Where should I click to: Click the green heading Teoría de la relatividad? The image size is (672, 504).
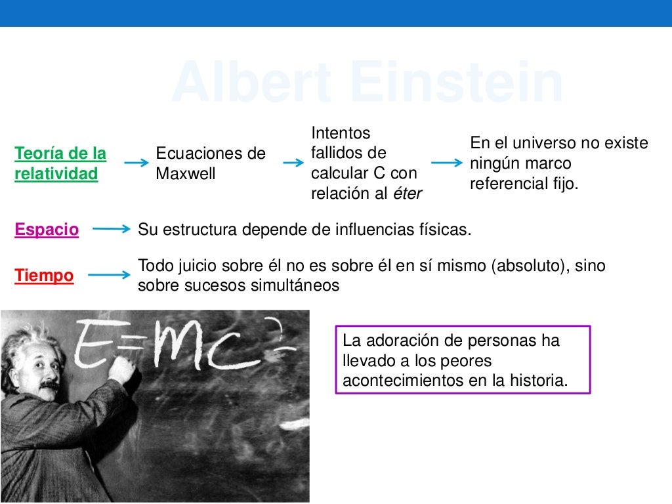[x=60, y=164]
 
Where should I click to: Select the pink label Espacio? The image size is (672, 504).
[x=47, y=230]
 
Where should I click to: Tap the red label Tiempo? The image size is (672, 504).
[x=44, y=276]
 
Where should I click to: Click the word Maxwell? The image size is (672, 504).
[x=186, y=175]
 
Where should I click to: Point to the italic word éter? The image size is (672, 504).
[x=407, y=194]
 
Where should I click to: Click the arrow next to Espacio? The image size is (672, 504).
[x=112, y=230]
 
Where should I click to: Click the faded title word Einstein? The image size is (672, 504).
[x=457, y=83]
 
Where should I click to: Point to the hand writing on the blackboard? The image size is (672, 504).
[x=123, y=371]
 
